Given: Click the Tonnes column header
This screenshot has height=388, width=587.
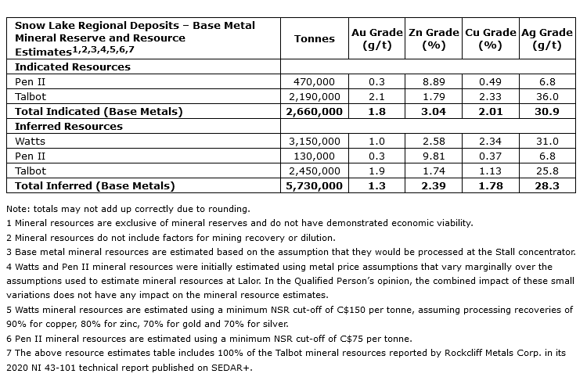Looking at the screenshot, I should click(x=314, y=38).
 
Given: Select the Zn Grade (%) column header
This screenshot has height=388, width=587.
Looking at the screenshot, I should click(x=434, y=38).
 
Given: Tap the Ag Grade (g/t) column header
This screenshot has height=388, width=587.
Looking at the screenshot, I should click(x=546, y=38).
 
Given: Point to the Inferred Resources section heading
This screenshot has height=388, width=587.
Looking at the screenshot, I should click(x=69, y=126).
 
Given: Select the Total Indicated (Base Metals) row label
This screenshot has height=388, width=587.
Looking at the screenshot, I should click(x=99, y=111).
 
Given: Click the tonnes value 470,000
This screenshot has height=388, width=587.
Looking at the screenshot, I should click(x=314, y=82).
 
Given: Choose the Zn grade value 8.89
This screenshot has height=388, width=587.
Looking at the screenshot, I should click(x=434, y=82).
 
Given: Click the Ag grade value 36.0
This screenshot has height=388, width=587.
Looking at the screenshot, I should click(x=546, y=97).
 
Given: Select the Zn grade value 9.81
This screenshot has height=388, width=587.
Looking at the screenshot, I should click(x=434, y=156).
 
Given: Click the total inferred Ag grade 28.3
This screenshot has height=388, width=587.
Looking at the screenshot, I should click(x=546, y=186).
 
